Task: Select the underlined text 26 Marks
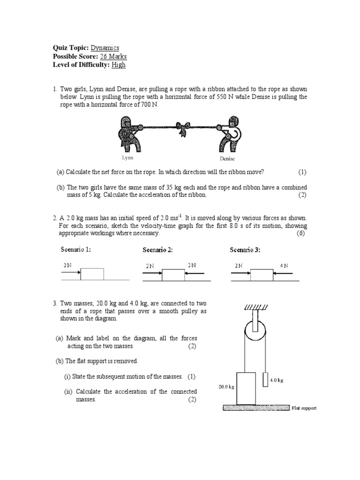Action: coord(110,57)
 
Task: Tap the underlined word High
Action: coord(119,65)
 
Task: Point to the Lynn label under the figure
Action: coord(127,158)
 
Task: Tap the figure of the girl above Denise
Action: coord(228,135)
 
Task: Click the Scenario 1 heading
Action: coord(76,249)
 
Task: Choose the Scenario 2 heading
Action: coord(158,250)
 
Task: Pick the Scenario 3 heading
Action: coord(245,250)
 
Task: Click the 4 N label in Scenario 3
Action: coord(284,266)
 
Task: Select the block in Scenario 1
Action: coord(92,274)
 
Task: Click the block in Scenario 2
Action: coord(173,275)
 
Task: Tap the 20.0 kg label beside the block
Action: coord(225,387)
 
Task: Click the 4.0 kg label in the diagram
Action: coord(277,380)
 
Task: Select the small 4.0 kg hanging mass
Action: coord(265,379)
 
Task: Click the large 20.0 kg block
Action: coord(246,388)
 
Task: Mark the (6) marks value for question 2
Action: coord(301,233)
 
